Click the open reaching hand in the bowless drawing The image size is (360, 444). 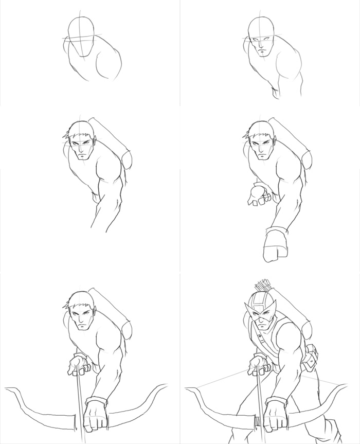(x=256, y=196)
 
